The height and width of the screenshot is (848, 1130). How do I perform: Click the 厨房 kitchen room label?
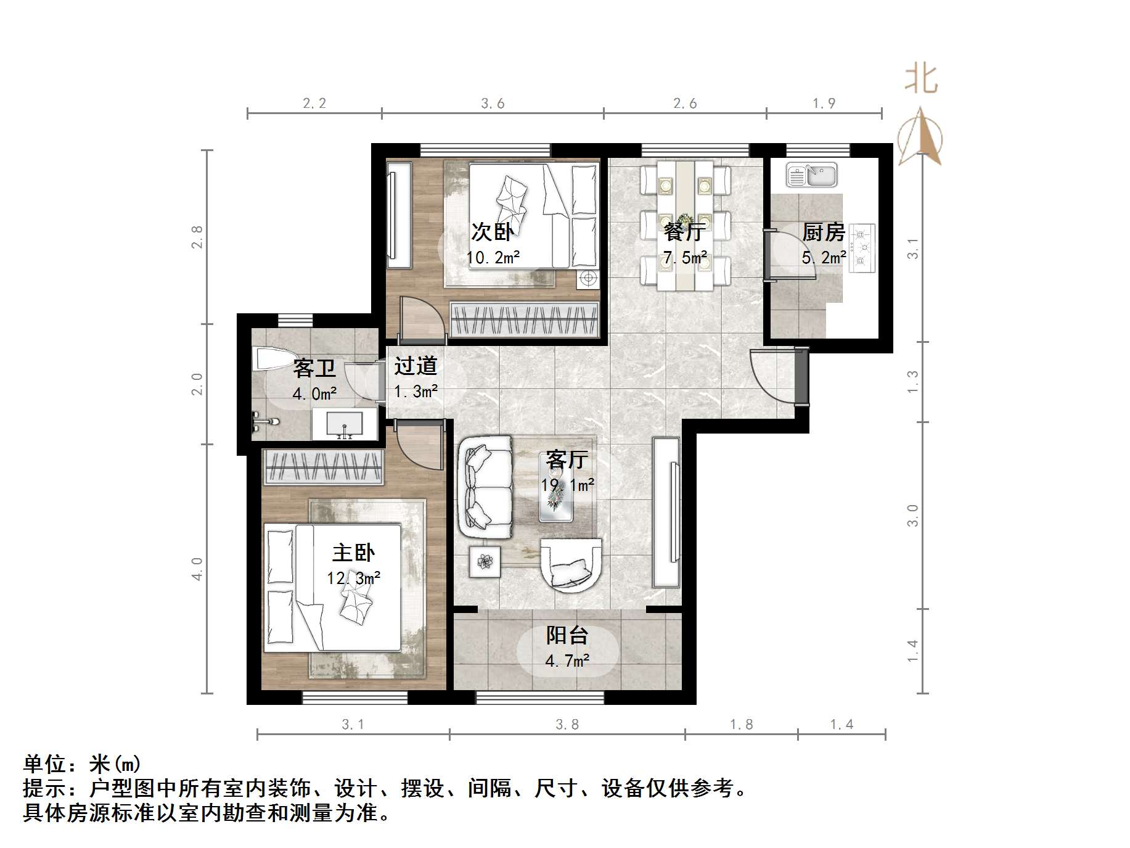pyautogui.click(x=823, y=233)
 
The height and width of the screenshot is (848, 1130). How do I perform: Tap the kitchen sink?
pyautogui.click(x=811, y=175)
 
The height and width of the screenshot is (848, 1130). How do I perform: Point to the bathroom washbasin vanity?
pyautogui.click(x=344, y=424)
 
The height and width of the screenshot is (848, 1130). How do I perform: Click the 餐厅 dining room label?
pyautogui.click(x=684, y=233)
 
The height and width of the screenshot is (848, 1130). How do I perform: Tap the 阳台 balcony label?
pyautogui.click(x=567, y=635)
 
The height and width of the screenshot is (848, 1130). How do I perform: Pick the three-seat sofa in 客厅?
pyautogui.click(x=485, y=486)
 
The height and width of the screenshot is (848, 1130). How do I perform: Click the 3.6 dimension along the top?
pyautogui.click(x=493, y=104)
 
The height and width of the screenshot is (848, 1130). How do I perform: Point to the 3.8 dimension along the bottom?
pyautogui.click(x=567, y=725)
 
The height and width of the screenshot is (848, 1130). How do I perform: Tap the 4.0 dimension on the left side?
pyautogui.click(x=197, y=569)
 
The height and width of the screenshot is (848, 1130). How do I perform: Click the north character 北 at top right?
pyautogui.click(x=921, y=80)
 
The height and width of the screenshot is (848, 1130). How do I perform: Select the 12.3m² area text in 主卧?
pyautogui.click(x=353, y=578)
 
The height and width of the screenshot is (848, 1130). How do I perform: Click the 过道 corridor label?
pyautogui.click(x=416, y=366)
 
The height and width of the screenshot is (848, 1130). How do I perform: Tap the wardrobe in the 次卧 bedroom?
pyautogui.click(x=524, y=319)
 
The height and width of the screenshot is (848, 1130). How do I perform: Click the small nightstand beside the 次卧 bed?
pyautogui.click(x=588, y=279)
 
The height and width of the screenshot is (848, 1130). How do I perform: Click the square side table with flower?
pyautogui.click(x=485, y=561)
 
